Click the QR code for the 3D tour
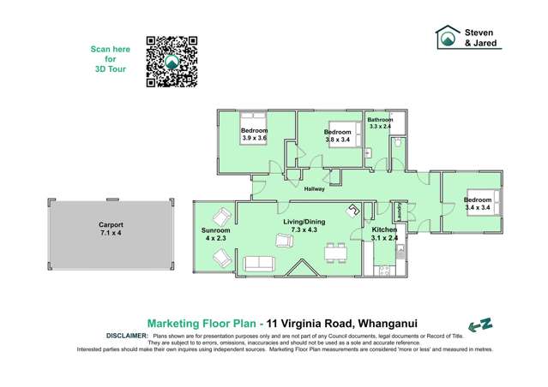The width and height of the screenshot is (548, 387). pos(172,62)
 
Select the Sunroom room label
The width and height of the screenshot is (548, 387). pos(216,231)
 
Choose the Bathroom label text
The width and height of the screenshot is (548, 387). pos(380,119)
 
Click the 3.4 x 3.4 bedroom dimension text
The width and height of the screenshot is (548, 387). pos(453,206)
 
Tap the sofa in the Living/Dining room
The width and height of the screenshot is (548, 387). pos(259,263)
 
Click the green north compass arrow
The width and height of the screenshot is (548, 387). pos(480,325)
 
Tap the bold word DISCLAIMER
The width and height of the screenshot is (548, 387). pos(126,336)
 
